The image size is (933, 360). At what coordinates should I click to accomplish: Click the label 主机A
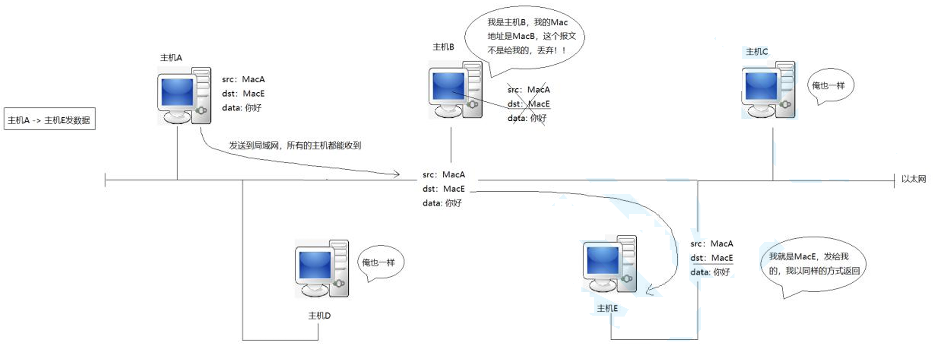click(171, 58)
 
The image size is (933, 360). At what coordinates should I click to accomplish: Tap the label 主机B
click(443, 47)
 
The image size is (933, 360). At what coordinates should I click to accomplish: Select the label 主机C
click(757, 52)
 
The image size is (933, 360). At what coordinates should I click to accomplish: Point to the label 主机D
click(319, 316)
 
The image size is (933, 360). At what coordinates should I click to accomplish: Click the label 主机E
click(607, 308)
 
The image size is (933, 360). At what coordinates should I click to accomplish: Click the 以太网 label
click(913, 179)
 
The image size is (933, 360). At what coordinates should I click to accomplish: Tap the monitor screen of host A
click(177, 92)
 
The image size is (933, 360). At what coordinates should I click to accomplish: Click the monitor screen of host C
click(761, 86)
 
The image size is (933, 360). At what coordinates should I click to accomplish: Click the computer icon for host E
click(610, 264)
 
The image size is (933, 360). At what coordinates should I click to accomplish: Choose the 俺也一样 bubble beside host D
click(380, 263)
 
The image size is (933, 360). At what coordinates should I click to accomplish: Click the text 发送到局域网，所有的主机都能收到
click(295, 146)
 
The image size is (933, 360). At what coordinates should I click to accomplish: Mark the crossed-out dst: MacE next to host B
click(528, 104)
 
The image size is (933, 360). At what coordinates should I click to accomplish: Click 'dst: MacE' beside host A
click(243, 94)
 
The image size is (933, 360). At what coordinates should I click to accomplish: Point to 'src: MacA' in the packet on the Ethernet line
click(443, 174)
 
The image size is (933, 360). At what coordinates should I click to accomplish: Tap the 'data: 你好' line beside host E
click(710, 272)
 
